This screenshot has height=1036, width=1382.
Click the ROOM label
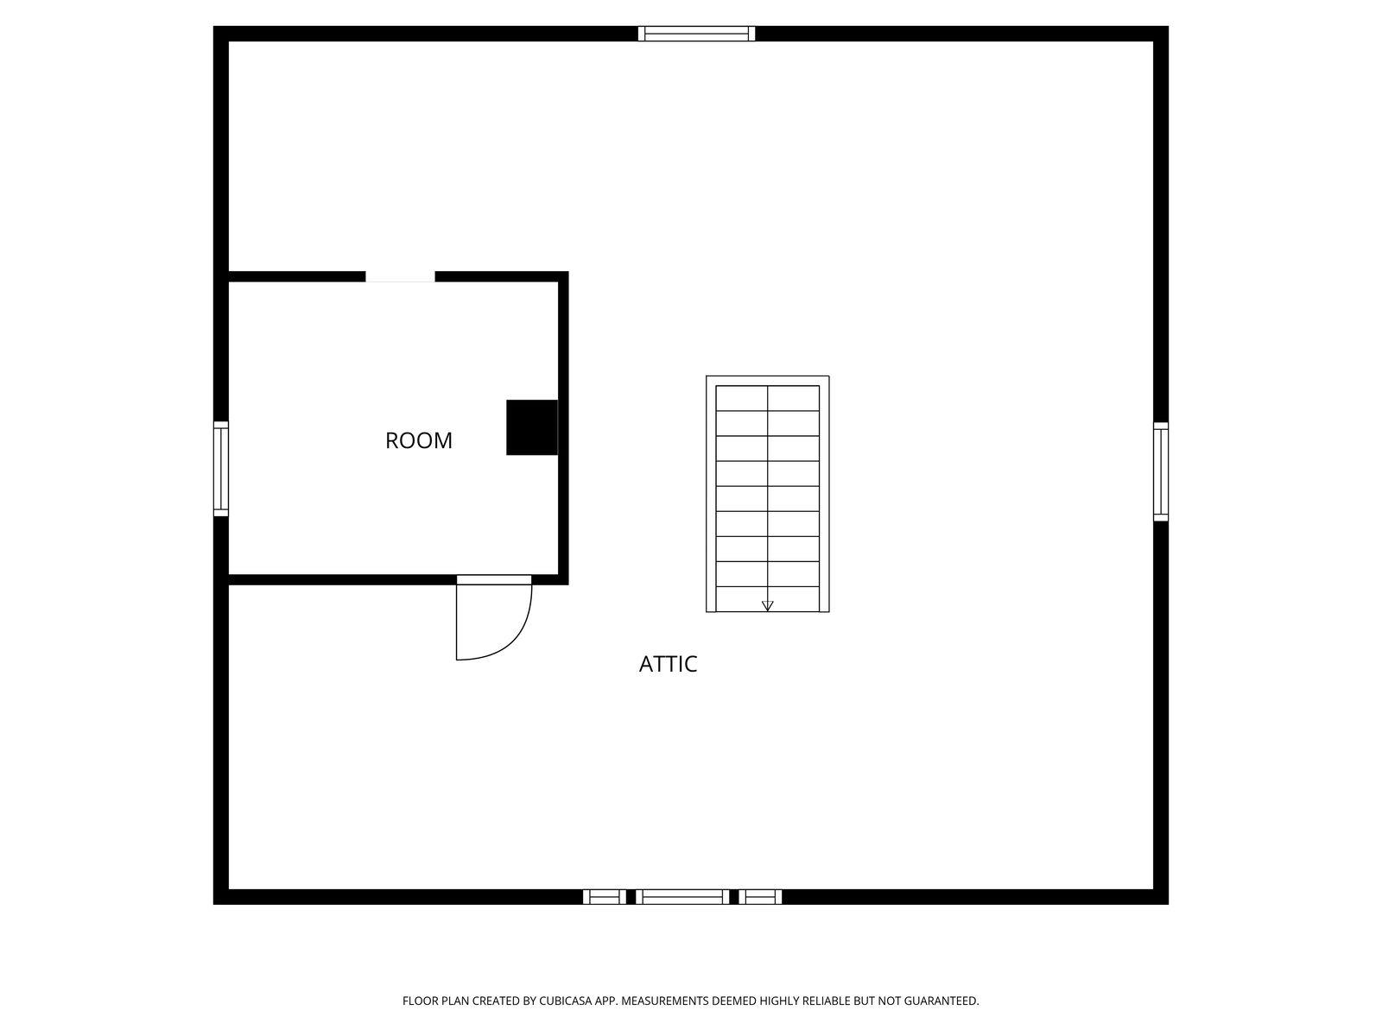(x=419, y=440)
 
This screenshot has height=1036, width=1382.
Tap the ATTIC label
(x=668, y=664)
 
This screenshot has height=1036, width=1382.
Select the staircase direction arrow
(x=767, y=605)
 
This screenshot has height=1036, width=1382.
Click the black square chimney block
(x=531, y=427)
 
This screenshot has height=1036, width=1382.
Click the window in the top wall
(x=696, y=34)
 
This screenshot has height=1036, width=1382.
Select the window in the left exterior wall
(x=221, y=469)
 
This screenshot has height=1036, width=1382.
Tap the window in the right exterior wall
(x=1161, y=471)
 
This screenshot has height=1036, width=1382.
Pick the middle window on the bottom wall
(x=682, y=897)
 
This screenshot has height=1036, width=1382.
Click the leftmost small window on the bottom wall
(x=605, y=897)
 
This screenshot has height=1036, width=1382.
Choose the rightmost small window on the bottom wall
(x=760, y=897)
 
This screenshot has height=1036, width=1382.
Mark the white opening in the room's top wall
(x=400, y=276)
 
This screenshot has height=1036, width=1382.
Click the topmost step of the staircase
(x=767, y=398)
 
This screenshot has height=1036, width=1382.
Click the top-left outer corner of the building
(x=216, y=29)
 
